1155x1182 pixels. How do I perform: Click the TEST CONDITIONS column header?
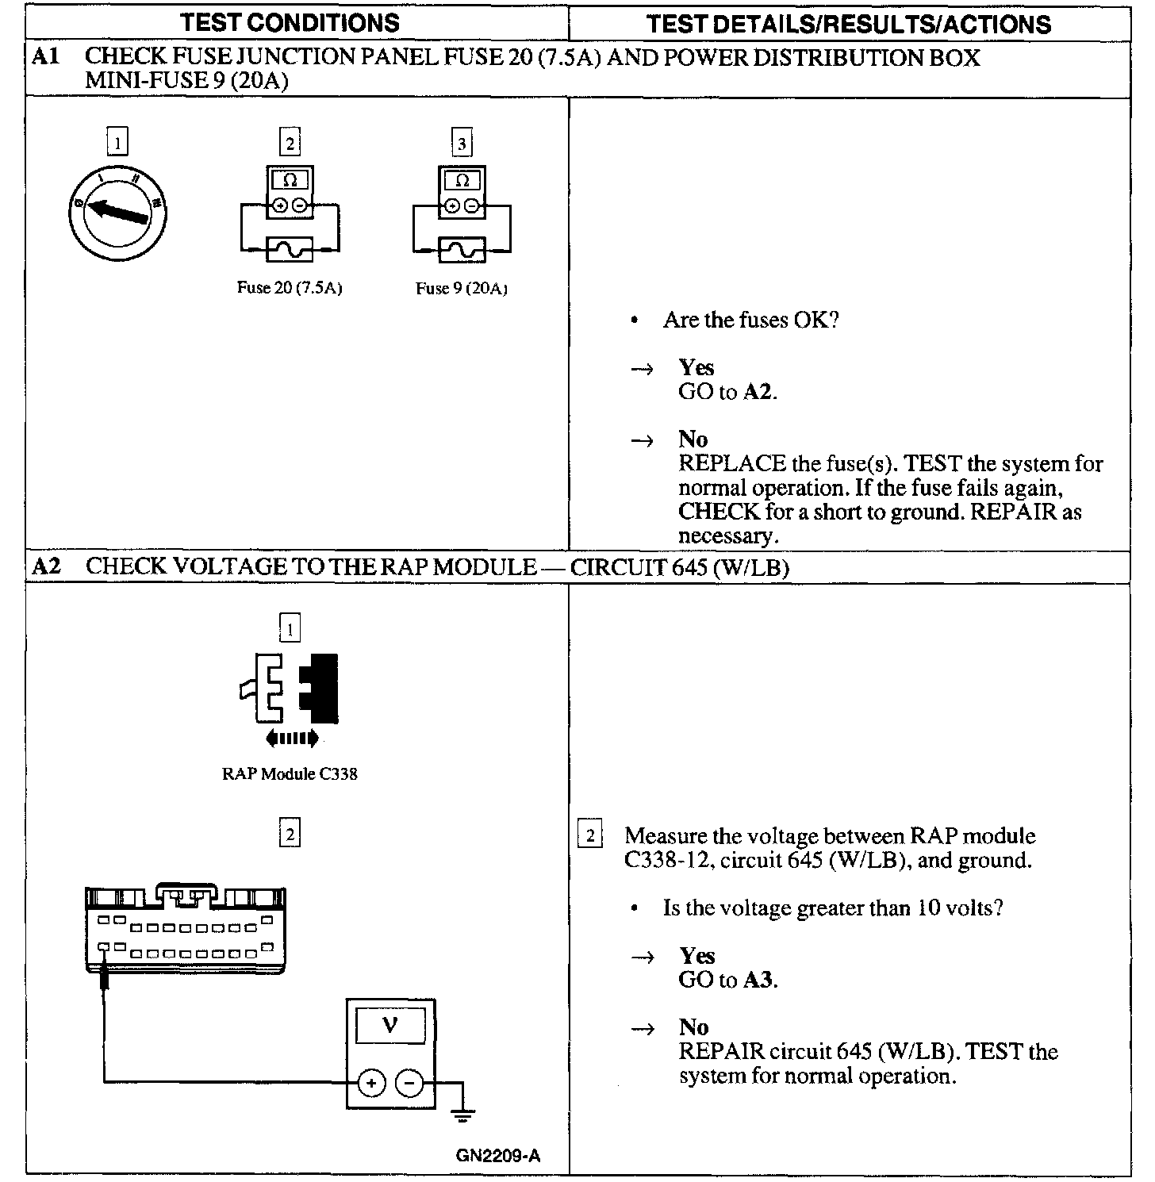coord(290,23)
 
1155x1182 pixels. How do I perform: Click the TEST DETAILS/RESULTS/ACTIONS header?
coord(848,24)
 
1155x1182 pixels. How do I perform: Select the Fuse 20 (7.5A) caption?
coord(290,288)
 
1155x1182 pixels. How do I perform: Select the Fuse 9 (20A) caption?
coord(462,289)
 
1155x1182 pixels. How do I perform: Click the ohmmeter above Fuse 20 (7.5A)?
coord(290,193)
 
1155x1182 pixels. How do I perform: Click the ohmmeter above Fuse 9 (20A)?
coord(462,193)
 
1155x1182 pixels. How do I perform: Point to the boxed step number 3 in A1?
coord(462,144)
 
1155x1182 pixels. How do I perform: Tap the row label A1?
coord(45,57)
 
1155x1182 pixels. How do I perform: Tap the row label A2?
coord(46,567)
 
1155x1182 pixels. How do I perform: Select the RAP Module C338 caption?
coord(290,774)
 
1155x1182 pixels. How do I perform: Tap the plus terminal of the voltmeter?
coord(370,1082)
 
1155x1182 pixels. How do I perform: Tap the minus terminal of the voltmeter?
coord(409,1082)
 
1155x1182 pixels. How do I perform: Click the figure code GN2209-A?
coord(498,1156)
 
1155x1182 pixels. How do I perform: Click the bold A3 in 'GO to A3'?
coord(758,981)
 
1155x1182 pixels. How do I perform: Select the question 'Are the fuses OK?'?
coord(750,320)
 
